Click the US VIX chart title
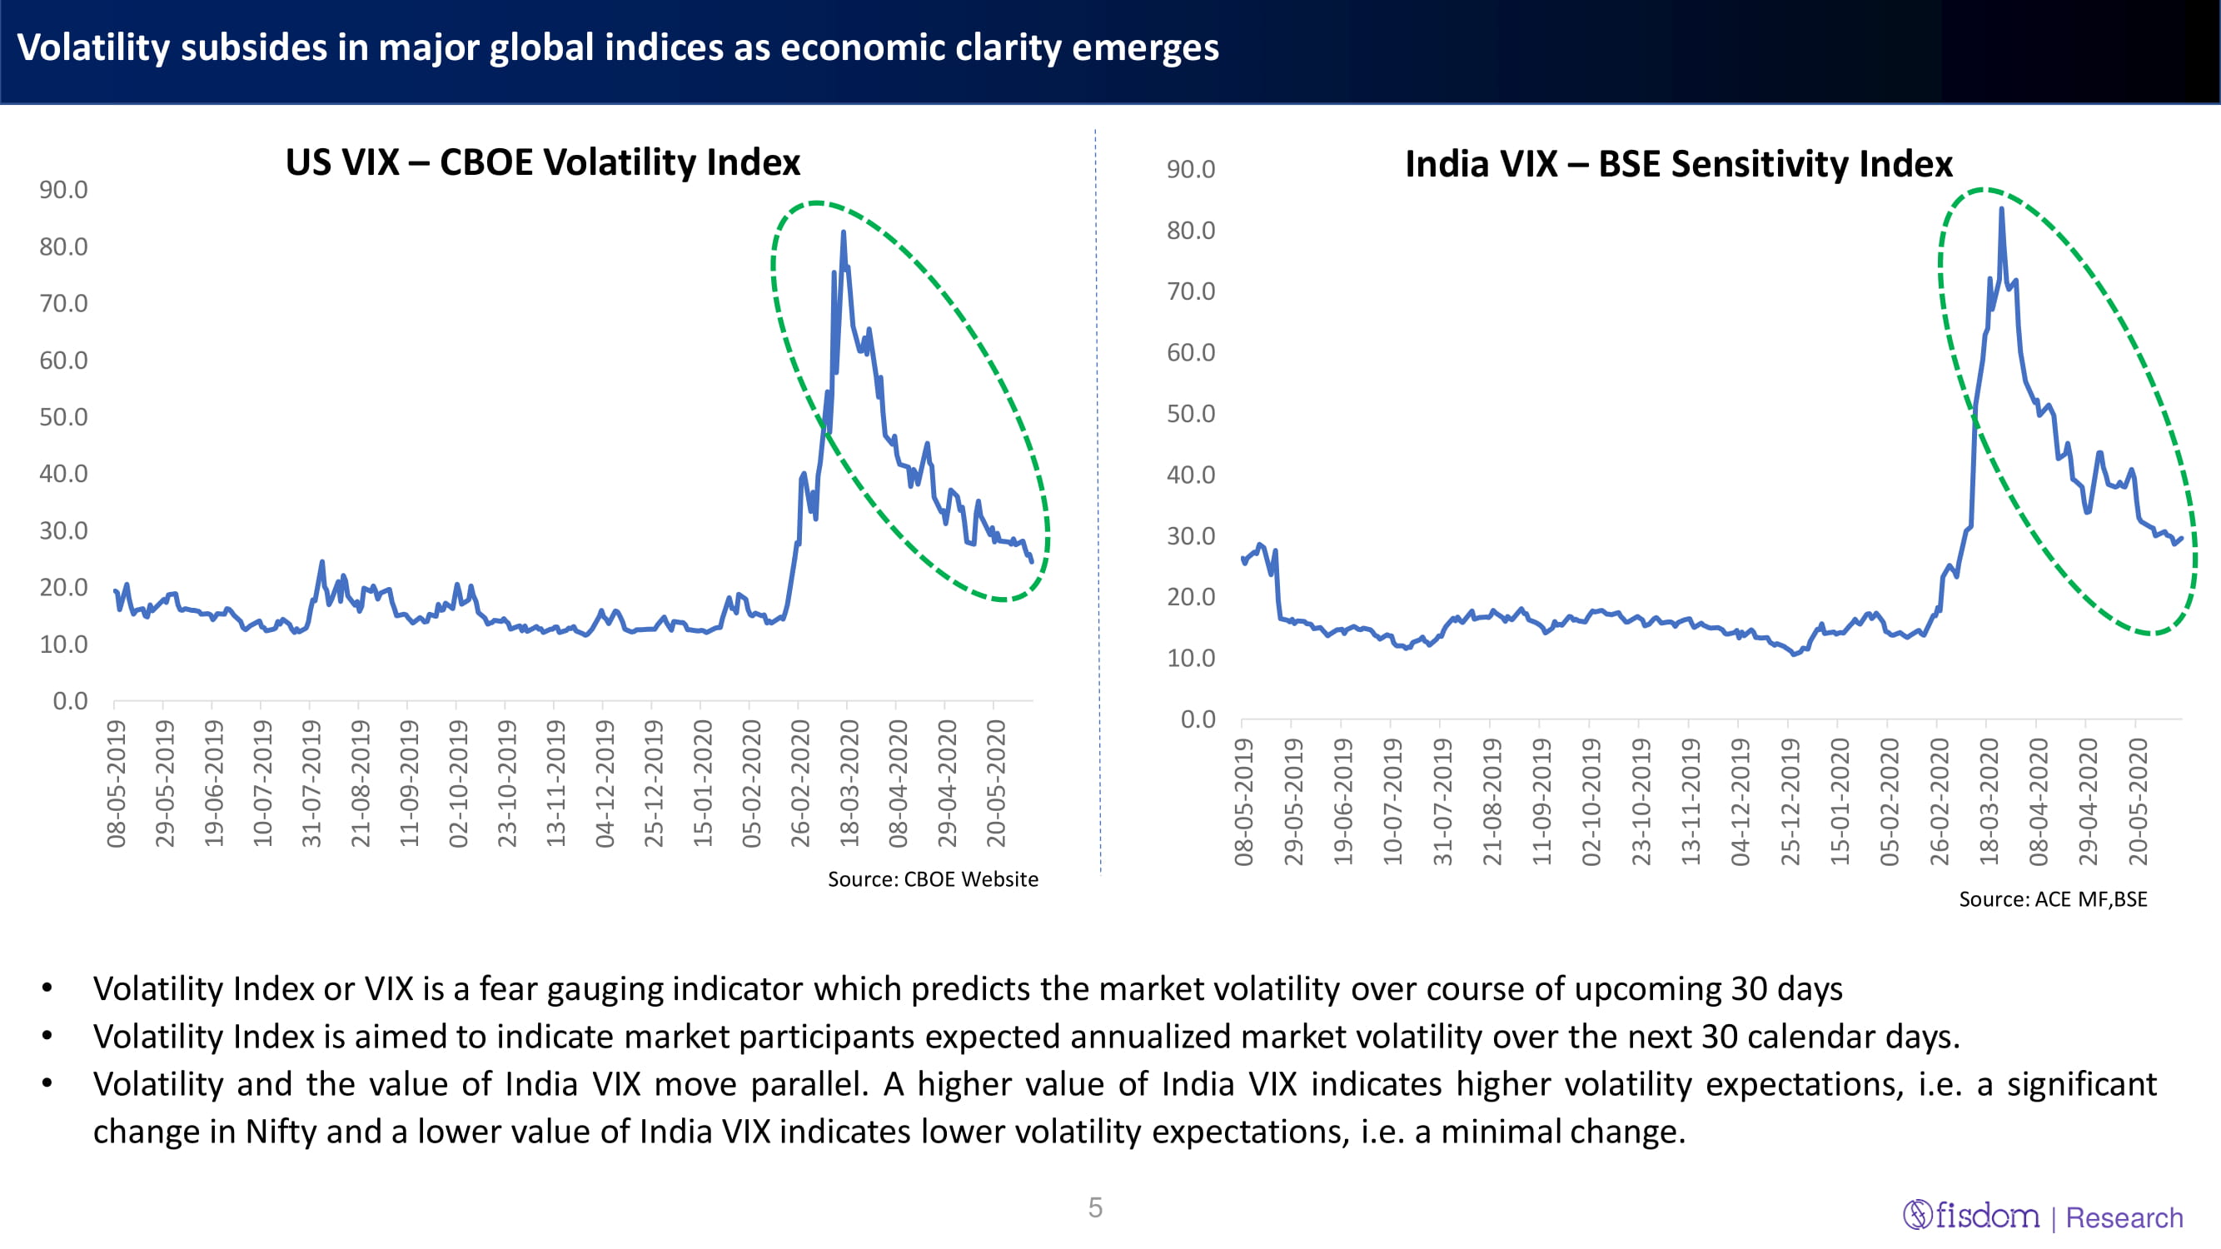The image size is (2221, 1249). click(x=542, y=162)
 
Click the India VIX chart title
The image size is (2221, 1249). click(x=1678, y=164)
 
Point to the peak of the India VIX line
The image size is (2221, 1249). click(x=2001, y=210)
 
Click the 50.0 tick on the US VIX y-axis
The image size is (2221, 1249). click(x=63, y=417)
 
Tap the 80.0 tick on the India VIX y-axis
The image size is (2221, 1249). click(x=1191, y=230)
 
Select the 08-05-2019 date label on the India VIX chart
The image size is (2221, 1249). click(x=1243, y=802)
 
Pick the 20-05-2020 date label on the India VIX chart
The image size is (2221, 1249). click(x=2139, y=802)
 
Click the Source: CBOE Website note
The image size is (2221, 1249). click(x=933, y=879)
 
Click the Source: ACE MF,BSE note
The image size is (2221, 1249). click(x=2053, y=899)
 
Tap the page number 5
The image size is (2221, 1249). click(x=1095, y=1207)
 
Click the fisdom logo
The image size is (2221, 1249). click(x=1972, y=1216)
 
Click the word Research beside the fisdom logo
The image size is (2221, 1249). click(x=2124, y=1218)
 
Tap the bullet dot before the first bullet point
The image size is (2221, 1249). click(x=47, y=988)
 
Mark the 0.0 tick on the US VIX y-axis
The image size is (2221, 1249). click(x=70, y=701)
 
